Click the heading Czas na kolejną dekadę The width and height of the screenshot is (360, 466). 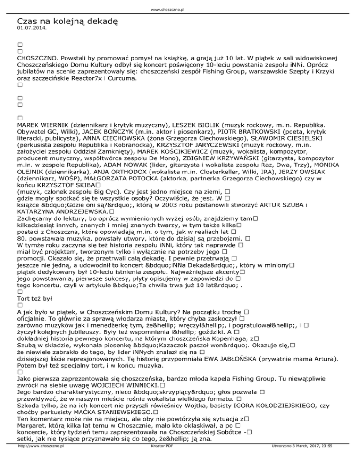pos(67,22)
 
